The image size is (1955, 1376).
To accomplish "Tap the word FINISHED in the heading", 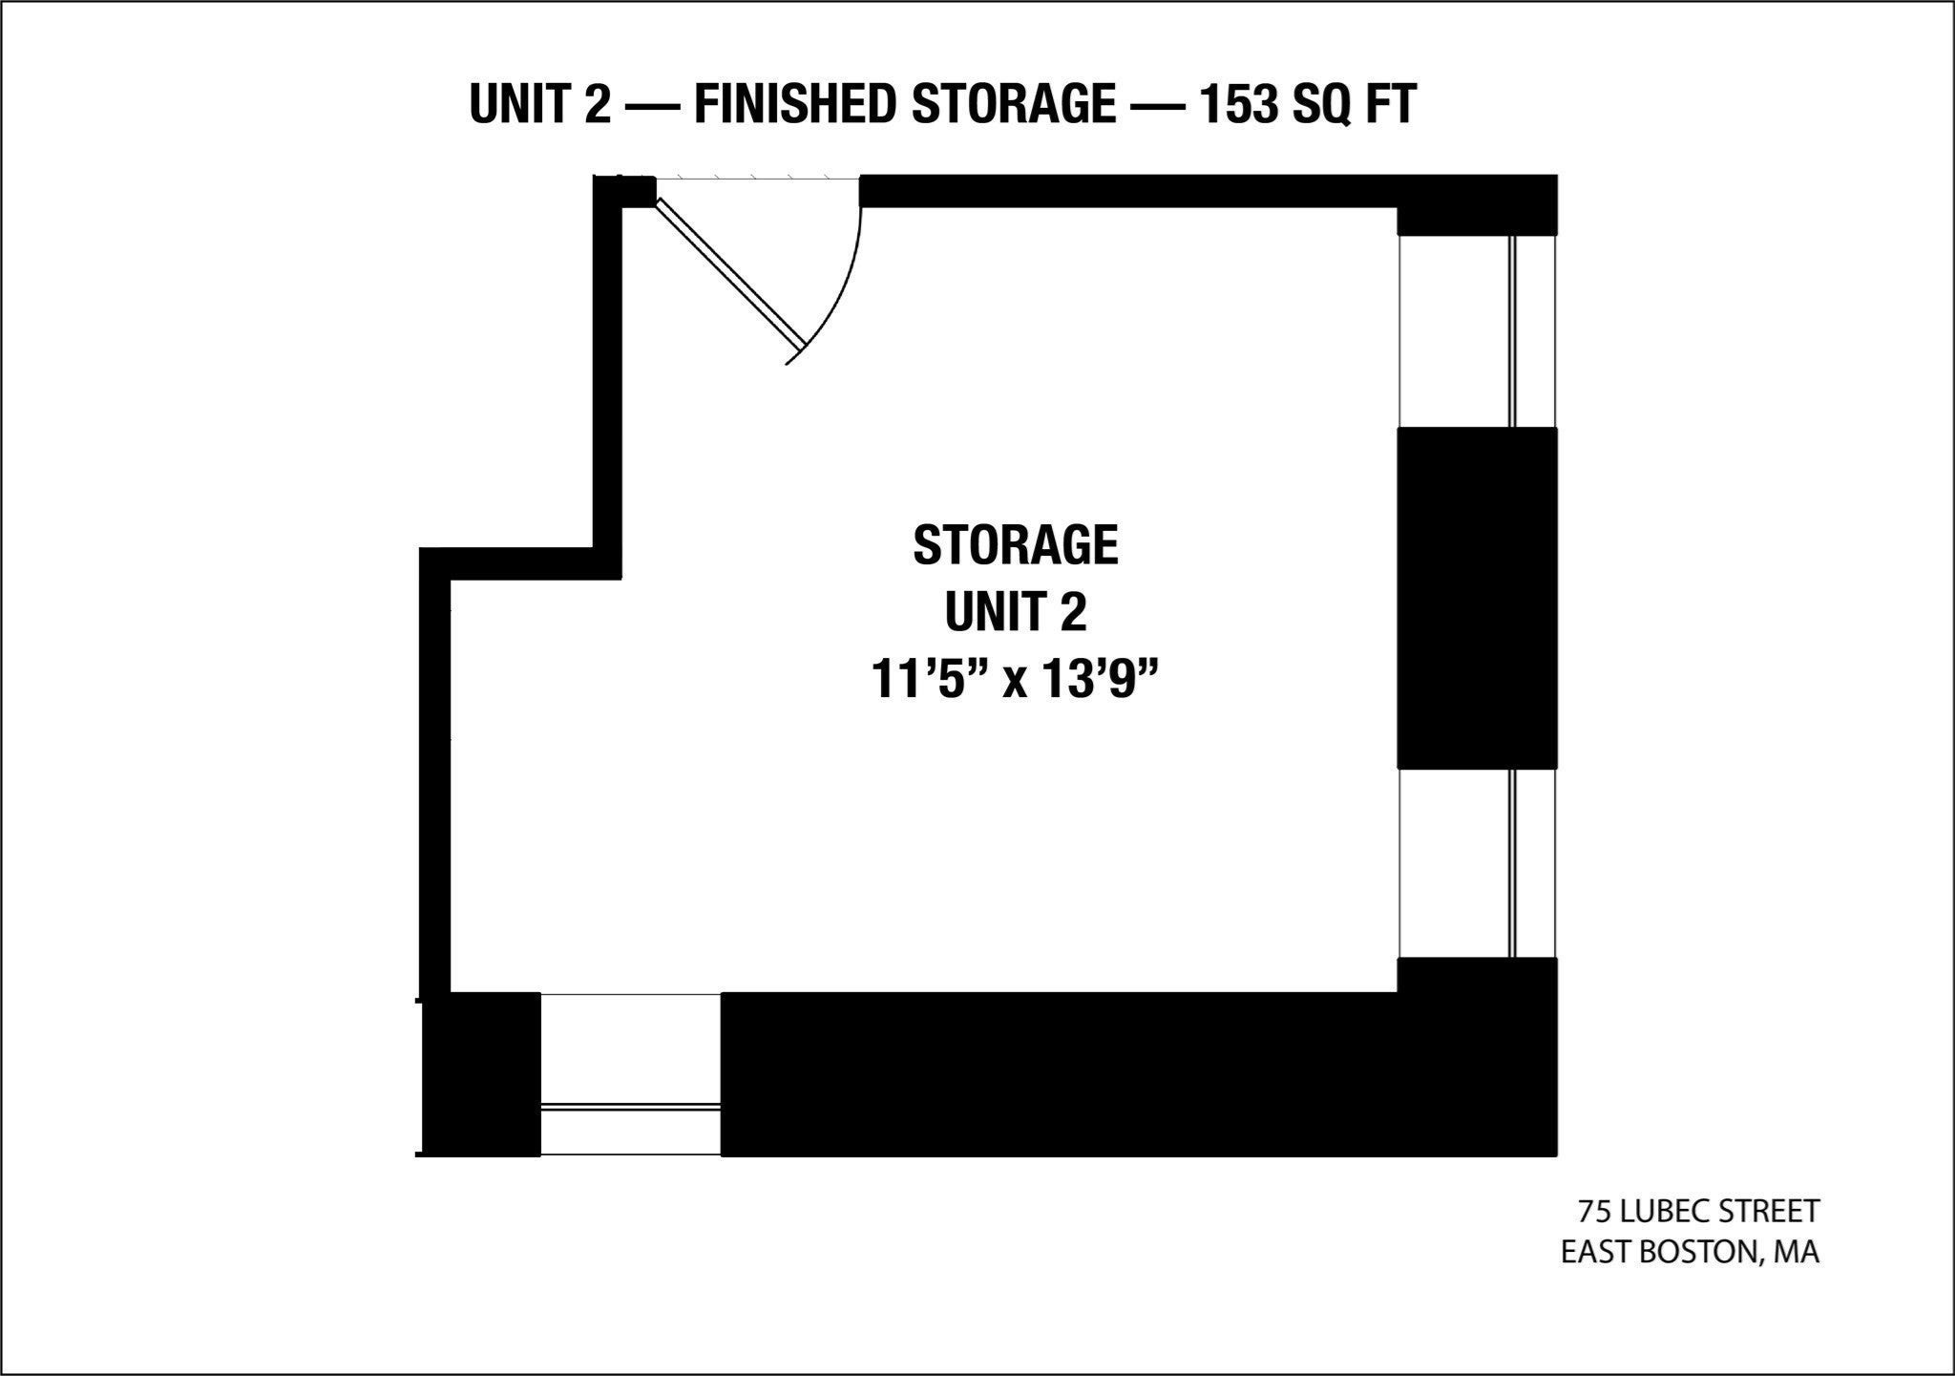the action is (x=795, y=104).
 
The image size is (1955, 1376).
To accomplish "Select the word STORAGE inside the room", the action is (x=1016, y=545).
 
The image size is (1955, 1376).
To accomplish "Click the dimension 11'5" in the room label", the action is (x=928, y=682).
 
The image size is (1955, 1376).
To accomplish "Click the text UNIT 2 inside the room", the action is (x=1016, y=613).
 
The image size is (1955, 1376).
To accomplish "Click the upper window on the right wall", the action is (x=1477, y=330).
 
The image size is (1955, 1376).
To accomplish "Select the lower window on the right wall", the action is (x=1477, y=862).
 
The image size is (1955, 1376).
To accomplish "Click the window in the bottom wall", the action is (x=630, y=1074).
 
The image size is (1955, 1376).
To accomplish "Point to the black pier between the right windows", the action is (x=1478, y=598).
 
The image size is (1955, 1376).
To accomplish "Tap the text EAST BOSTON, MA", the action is (x=1690, y=1252).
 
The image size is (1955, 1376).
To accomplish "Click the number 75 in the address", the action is (x=1593, y=1212).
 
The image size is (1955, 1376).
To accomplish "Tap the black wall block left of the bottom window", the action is (x=481, y=1074).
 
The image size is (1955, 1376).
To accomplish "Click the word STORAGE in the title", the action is (x=1013, y=104).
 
